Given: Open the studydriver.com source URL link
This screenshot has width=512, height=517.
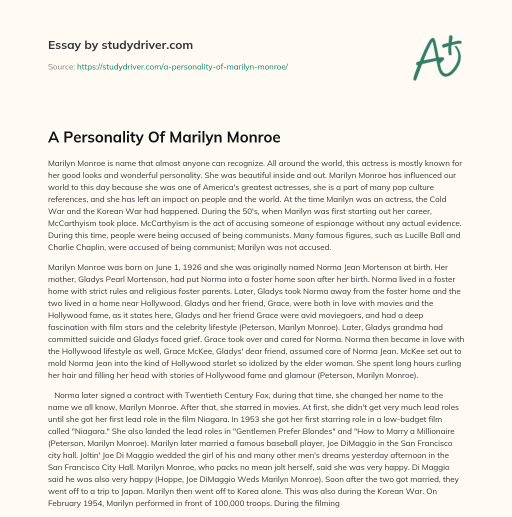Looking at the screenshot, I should pos(182,66).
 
